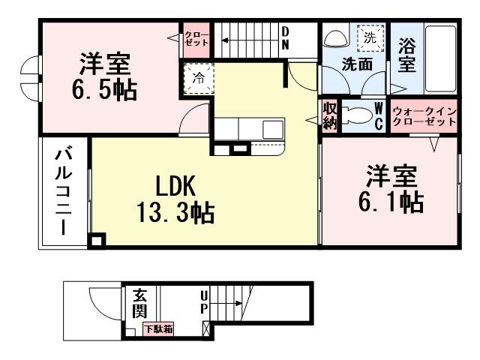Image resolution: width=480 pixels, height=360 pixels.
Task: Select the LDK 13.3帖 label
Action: (177, 199)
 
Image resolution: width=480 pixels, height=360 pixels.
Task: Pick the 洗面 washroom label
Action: (357, 64)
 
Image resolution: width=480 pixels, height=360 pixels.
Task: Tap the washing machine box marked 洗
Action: (370, 37)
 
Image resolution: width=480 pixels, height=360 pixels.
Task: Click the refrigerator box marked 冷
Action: (199, 77)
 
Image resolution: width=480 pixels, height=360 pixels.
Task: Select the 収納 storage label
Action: (330, 116)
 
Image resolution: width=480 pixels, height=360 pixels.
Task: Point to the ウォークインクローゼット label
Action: (424, 115)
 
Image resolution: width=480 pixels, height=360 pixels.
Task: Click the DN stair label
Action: (286, 37)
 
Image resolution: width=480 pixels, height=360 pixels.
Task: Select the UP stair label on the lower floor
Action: (204, 303)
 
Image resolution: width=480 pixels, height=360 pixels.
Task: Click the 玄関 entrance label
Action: (140, 302)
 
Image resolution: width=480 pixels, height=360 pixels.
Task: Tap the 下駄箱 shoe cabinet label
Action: (159, 328)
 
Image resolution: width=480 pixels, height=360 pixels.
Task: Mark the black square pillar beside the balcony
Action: (97, 241)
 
